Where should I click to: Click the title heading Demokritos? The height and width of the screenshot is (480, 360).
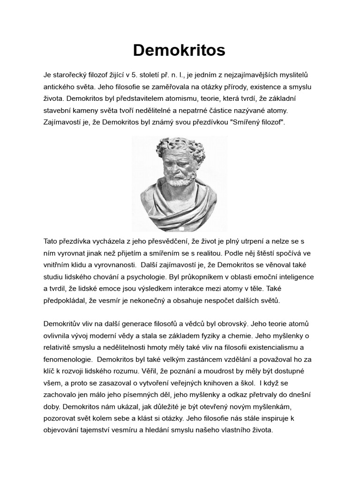(179, 50)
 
